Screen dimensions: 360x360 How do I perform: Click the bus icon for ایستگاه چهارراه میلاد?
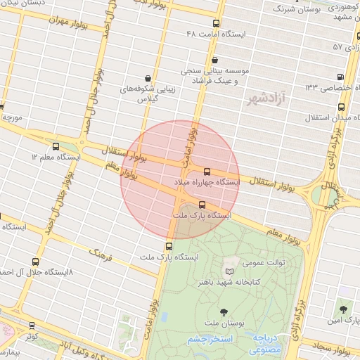point(207,172)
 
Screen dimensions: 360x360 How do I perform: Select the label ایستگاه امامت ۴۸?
point(215,34)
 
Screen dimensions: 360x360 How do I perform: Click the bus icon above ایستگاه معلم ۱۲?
point(56,146)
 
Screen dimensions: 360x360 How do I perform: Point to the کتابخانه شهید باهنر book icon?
point(230,271)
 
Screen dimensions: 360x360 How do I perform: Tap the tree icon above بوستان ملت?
point(224,311)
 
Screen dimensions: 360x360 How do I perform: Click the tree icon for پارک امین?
point(343,309)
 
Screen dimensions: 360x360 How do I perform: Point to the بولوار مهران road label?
point(69,22)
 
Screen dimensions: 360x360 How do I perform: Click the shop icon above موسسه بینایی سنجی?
point(214,60)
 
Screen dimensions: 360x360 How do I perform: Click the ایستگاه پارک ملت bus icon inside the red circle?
point(202,205)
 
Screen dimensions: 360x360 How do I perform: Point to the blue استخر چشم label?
point(209,340)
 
